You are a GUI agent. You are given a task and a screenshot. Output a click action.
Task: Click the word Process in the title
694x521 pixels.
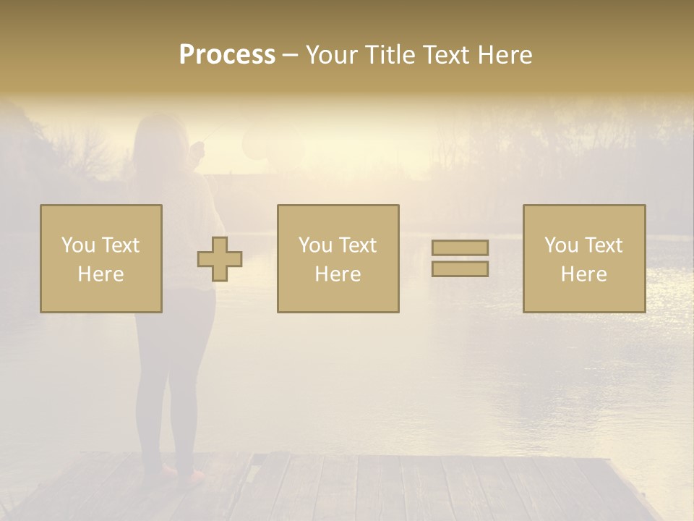click(x=227, y=55)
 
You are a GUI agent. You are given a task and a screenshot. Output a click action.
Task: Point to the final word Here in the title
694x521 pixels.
click(x=504, y=55)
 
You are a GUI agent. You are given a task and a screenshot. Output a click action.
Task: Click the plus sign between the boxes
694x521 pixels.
click(x=220, y=259)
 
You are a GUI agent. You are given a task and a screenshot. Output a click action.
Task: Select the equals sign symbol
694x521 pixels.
click(x=460, y=258)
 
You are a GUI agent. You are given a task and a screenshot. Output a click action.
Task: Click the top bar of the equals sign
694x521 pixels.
click(x=460, y=248)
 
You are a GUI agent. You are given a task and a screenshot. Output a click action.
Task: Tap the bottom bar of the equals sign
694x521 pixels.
click(x=460, y=268)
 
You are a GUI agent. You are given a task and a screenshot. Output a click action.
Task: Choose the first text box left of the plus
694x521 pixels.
click(x=100, y=258)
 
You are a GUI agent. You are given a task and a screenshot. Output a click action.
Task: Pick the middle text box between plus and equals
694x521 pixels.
click(x=338, y=258)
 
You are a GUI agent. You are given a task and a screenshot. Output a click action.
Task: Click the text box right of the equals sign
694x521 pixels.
click(x=583, y=258)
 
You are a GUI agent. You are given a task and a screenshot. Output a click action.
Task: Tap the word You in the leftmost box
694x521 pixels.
click(x=77, y=245)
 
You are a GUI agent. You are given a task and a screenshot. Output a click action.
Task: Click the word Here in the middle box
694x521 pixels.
click(x=338, y=274)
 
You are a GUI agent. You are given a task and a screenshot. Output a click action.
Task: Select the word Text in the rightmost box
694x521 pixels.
click(x=603, y=245)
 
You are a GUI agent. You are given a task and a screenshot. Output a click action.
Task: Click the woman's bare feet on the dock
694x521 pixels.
click(x=177, y=474)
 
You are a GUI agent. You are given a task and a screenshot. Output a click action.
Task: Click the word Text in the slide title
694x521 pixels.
click(x=444, y=55)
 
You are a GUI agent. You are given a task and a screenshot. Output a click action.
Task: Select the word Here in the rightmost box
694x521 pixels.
click(x=583, y=274)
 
